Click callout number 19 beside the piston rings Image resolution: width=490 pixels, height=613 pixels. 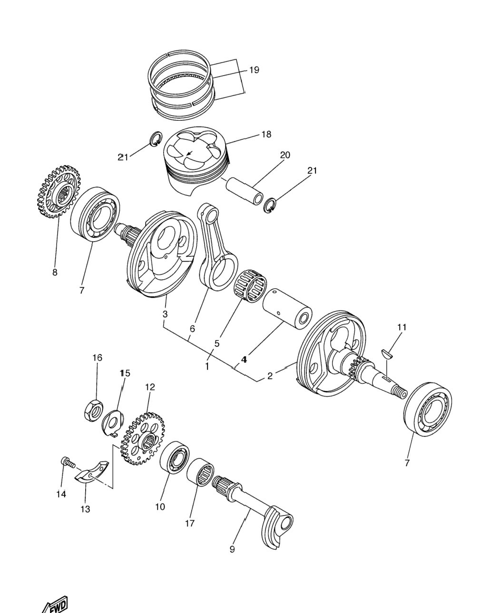254,70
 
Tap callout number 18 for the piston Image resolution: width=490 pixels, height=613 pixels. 266,134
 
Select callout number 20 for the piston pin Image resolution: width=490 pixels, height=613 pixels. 285,155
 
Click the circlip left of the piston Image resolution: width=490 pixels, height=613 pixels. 156,139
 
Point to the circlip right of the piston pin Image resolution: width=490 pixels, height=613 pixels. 269,205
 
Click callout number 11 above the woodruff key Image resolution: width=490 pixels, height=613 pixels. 402,327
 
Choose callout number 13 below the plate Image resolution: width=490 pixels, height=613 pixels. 85,509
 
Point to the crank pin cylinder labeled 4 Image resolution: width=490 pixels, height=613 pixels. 287,309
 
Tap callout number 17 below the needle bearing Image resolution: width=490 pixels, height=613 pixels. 189,523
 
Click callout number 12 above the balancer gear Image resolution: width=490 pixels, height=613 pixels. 150,387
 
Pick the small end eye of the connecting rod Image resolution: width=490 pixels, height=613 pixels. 210,212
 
